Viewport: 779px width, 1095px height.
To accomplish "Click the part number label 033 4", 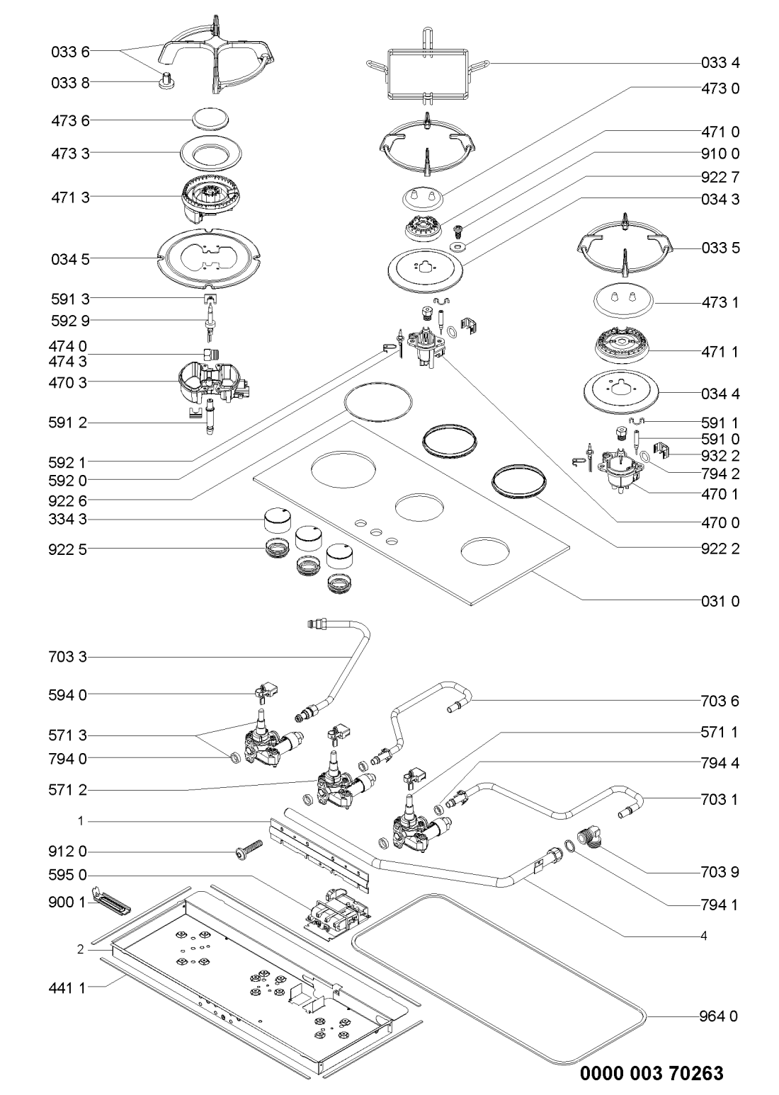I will pyautogui.click(x=720, y=63).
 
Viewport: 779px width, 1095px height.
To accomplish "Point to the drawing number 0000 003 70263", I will pyautogui.click(x=652, y=1073).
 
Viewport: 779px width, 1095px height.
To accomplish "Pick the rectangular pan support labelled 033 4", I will pyautogui.click(x=427, y=69).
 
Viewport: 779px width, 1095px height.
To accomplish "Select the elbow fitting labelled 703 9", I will pyautogui.click(x=589, y=839).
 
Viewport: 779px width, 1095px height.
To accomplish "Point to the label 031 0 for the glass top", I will pyautogui.click(x=720, y=602).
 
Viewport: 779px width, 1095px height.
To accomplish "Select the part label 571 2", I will pyautogui.click(x=70, y=789).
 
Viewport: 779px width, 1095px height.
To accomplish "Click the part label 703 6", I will pyautogui.click(x=720, y=701).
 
